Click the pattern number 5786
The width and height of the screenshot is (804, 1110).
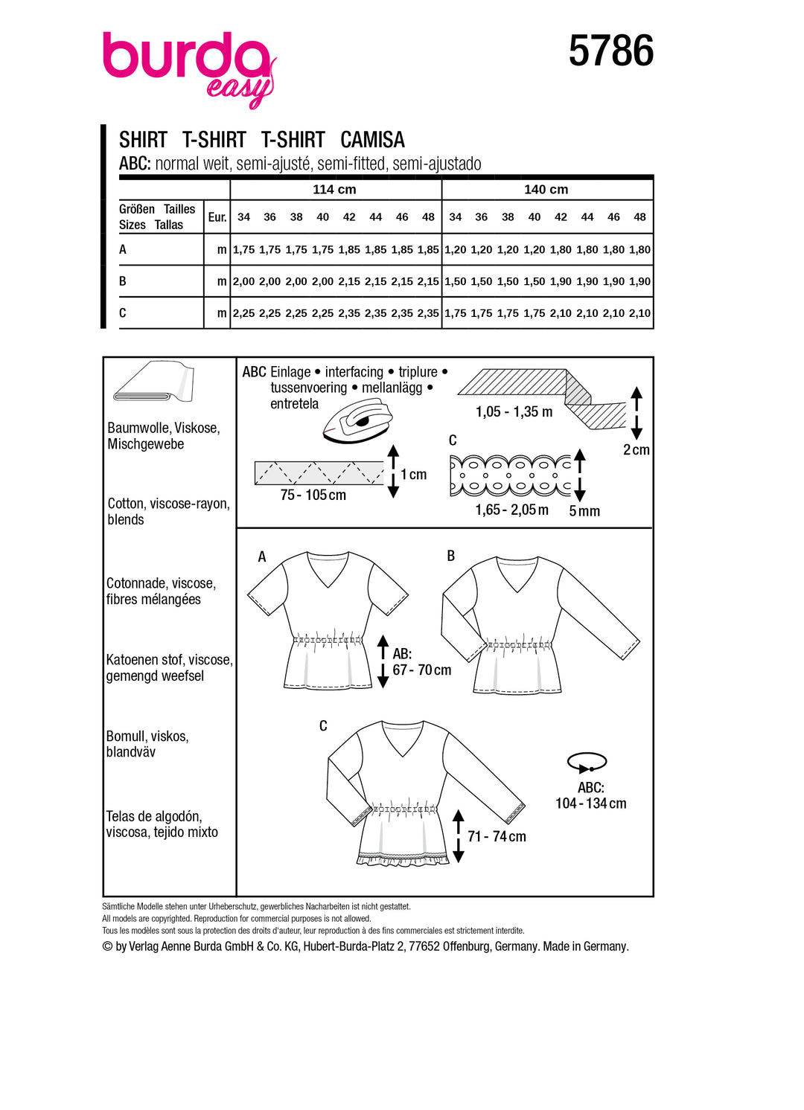pyautogui.click(x=610, y=51)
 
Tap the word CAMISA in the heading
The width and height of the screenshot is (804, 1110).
pyautogui.click(x=372, y=140)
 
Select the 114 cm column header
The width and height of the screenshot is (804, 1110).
pyautogui.click(x=334, y=190)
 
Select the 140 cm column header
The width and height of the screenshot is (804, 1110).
pyautogui.click(x=546, y=190)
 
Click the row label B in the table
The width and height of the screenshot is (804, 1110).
pyautogui.click(x=123, y=281)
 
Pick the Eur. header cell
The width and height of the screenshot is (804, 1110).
pyautogui.click(x=217, y=217)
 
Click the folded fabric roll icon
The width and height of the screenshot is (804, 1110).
pyautogui.click(x=153, y=383)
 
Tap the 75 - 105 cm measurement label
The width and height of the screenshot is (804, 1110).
pyautogui.click(x=313, y=495)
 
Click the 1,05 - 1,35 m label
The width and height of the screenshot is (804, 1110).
pyautogui.click(x=514, y=412)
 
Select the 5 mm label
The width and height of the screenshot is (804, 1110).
pyautogui.click(x=584, y=511)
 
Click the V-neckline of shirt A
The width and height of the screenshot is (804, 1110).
pyautogui.click(x=329, y=573)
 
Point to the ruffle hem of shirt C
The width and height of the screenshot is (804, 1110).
pyautogui.click(x=403, y=858)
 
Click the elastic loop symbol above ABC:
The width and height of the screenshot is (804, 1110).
pyautogui.click(x=587, y=762)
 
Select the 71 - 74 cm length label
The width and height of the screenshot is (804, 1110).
pyautogui.click(x=497, y=837)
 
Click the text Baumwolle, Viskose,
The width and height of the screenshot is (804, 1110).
pyautogui.click(x=164, y=428)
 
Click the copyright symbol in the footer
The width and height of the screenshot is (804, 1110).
pyautogui.click(x=107, y=946)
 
